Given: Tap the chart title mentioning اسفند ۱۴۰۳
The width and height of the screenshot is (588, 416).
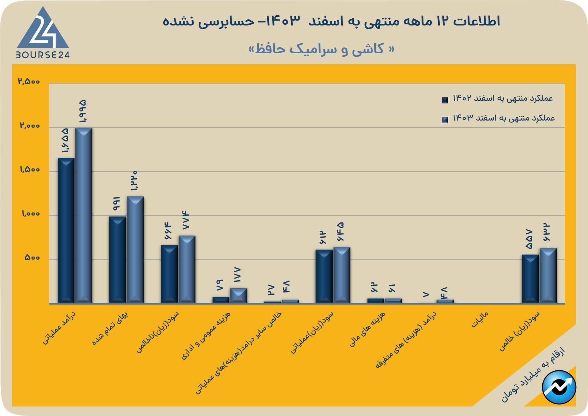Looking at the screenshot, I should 331,21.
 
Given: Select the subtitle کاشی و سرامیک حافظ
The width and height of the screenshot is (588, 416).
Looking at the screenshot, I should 321,49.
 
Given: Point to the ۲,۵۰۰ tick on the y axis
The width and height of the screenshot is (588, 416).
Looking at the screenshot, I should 29,82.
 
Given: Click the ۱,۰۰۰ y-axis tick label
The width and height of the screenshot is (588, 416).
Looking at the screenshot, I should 30,214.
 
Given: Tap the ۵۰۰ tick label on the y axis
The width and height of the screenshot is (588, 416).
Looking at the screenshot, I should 32,258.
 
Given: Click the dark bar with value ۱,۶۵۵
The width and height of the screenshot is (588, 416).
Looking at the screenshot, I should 66,230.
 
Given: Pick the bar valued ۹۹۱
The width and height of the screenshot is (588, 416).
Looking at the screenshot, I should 117,259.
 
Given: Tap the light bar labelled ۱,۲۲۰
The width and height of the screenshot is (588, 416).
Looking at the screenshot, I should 135,249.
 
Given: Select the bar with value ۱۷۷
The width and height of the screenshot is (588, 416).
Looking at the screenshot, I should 238,295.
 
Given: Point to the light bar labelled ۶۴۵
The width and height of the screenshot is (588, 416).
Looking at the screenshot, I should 342,275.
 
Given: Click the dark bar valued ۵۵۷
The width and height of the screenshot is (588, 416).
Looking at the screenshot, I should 530,278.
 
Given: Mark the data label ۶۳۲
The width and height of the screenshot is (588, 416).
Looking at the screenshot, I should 547,233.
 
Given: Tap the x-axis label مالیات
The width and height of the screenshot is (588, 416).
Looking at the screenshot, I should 480,319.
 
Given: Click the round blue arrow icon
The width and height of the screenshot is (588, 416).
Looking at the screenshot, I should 559,387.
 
